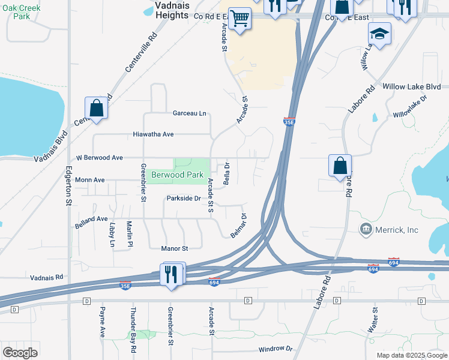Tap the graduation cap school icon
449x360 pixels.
click(379, 34)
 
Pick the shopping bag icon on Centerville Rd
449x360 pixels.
click(96, 109)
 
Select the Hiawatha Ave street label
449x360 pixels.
click(153, 134)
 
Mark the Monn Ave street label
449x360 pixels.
click(90, 179)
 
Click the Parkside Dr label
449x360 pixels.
click(183, 198)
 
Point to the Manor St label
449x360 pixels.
click(174, 248)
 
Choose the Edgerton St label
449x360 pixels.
click(67, 187)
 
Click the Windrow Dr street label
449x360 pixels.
click(275, 349)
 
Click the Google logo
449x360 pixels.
click(20, 352)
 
